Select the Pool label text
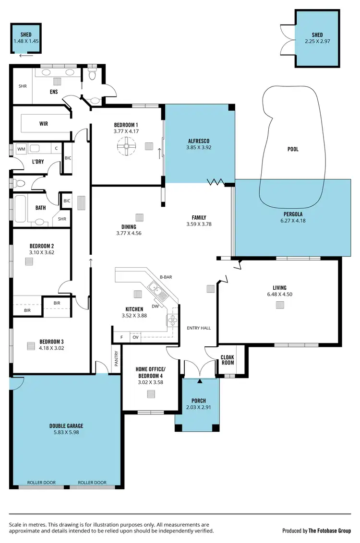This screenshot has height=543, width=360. pyautogui.click(x=293, y=149)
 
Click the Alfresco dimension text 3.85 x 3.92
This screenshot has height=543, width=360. pyautogui.click(x=199, y=148)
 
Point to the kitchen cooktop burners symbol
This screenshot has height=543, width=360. pyautogui.click(x=173, y=320)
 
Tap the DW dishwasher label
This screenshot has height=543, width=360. pyautogui.click(x=155, y=306)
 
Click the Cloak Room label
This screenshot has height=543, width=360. pyautogui.click(x=228, y=360)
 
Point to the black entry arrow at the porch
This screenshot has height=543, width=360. pyautogui.click(x=200, y=381)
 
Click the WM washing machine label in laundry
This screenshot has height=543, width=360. pyautogui.click(x=21, y=149)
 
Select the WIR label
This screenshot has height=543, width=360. pyautogui.click(x=44, y=123)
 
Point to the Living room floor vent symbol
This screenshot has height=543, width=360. pyautogui.click(x=279, y=304)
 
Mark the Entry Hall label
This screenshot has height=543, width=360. pyautogui.click(x=199, y=328)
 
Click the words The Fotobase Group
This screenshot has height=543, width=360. pyautogui.click(x=331, y=531)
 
